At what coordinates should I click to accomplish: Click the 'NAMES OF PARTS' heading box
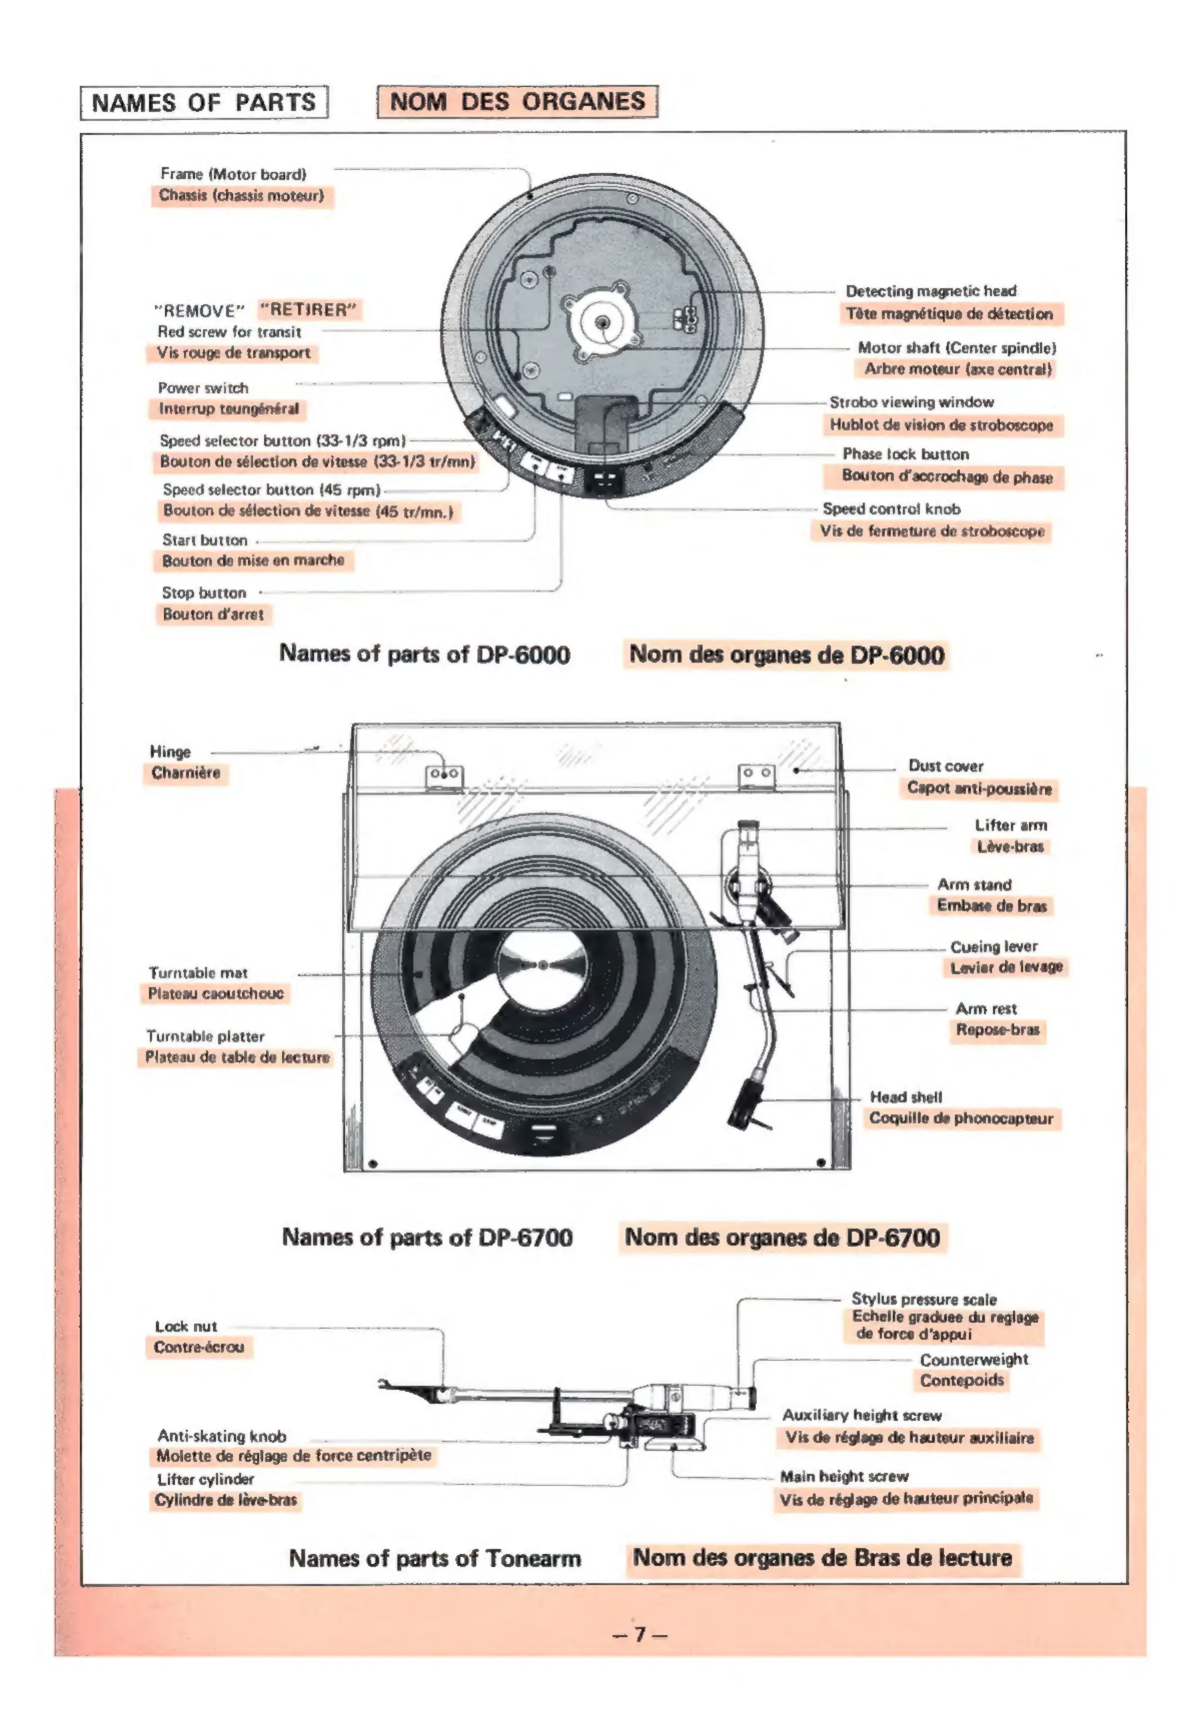[x=204, y=103]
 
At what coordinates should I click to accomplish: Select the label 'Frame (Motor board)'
[x=233, y=174]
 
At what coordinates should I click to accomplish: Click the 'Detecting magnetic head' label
[x=930, y=290]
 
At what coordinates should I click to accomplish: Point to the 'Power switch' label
[x=203, y=387]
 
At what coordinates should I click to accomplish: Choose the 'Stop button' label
[x=204, y=592]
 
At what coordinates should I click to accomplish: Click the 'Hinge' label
[x=170, y=751]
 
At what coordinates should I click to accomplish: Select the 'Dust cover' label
[x=945, y=765]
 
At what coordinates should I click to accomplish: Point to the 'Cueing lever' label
[x=993, y=946]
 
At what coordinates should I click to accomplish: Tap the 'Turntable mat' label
[x=198, y=973]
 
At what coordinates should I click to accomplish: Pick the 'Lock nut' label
[x=186, y=1326]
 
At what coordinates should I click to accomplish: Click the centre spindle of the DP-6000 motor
[x=602, y=323]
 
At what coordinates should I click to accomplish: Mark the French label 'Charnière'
[x=186, y=772]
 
